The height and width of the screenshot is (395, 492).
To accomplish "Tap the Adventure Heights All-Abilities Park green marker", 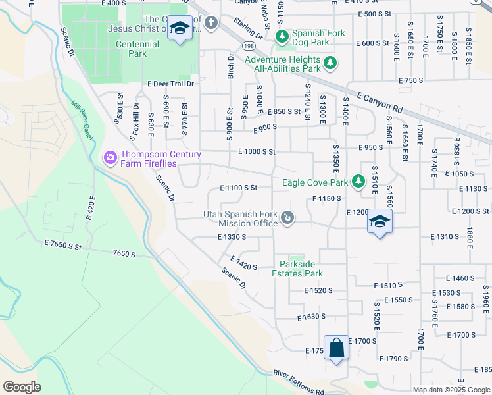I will click(x=330, y=64).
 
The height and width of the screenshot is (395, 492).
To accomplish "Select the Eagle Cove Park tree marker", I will click(x=358, y=181).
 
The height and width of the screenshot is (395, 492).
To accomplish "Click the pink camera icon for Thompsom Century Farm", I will click(x=109, y=158).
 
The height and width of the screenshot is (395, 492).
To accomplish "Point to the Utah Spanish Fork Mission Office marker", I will click(x=287, y=218).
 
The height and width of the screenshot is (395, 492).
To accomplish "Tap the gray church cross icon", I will click(x=210, y=24).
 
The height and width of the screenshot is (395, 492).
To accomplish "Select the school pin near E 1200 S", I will click(x=380, y=223).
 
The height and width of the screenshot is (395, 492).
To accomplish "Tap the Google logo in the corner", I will click(x=22, y=387).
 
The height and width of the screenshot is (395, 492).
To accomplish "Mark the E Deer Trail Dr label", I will click(x=171, y=84).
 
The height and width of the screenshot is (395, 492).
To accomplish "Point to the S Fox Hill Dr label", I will click(x=135, y=119).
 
